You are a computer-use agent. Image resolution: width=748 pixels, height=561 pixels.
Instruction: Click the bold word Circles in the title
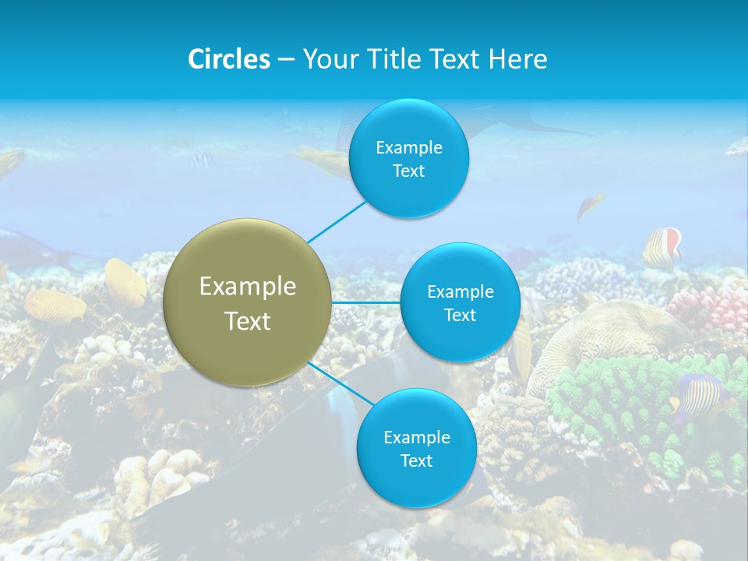click(228, 58)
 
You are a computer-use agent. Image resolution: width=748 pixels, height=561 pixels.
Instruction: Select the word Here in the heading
click(517, 58)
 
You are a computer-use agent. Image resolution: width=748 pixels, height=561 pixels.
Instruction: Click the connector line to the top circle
click(337, 221)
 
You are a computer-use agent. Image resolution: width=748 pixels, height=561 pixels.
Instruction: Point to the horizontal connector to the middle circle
click(366, 302)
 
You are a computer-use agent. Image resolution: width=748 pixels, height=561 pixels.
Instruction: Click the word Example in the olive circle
click(248, 287)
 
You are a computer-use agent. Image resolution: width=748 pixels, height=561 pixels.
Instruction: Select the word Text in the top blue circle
click(409, 171)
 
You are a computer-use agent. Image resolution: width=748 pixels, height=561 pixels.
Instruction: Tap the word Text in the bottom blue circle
click(416, 460)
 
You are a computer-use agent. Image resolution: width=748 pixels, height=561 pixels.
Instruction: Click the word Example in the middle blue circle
click(460, 292)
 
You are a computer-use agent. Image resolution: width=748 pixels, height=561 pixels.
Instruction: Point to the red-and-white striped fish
click(662, 248)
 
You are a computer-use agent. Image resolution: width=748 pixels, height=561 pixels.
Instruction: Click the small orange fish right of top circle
click(589, 206)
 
